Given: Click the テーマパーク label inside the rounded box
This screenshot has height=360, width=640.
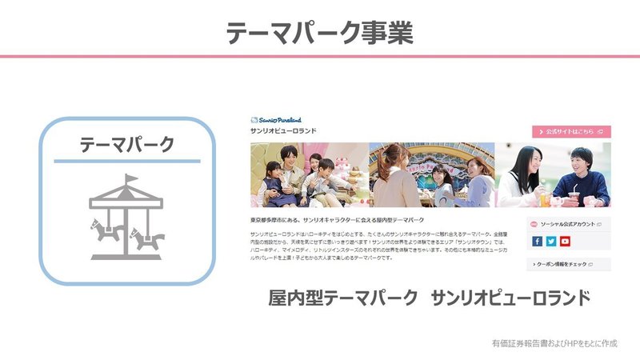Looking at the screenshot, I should (126, 145).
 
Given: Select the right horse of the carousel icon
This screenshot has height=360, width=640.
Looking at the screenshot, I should (147, 238).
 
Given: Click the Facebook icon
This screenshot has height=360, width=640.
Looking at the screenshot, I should (537, 241).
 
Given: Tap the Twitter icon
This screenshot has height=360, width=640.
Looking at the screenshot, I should (551, 241).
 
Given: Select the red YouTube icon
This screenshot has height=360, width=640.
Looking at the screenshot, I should (565, 241).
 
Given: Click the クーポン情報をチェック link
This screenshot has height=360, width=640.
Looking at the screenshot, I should (567, 263).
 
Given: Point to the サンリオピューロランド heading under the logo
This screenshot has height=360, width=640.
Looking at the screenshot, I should (285, 131).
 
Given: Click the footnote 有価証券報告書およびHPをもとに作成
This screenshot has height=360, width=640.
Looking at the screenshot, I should (554, 343).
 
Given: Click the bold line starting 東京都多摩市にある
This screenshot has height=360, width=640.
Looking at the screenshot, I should (337, 219).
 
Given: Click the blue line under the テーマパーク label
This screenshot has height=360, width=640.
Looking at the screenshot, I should (126, 162).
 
